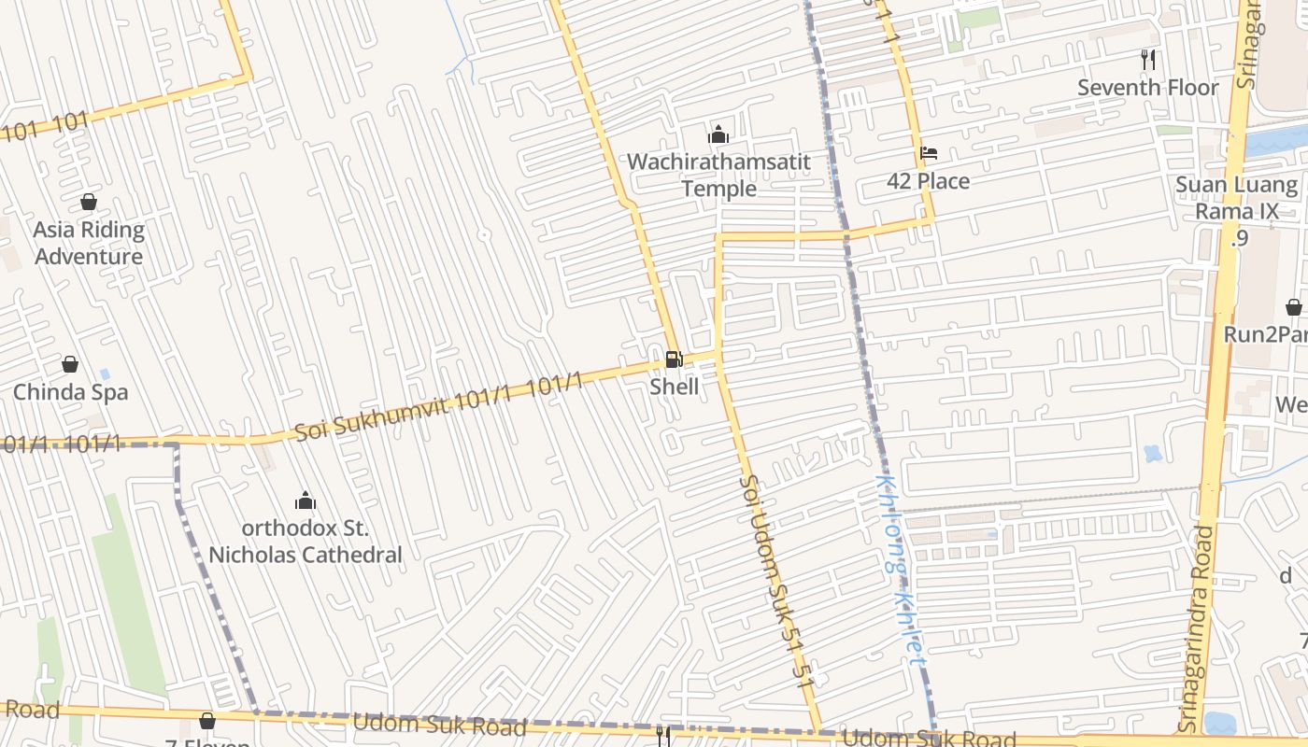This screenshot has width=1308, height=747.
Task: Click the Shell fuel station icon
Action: coord(673,359)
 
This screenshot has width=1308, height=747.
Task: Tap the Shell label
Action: coord(674,386)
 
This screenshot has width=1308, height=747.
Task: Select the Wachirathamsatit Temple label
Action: coord(718,175)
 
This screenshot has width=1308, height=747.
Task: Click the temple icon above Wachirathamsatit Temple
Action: coord(718,135)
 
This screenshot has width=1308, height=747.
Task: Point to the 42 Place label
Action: coord(928,181)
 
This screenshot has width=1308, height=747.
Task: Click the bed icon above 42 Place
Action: coord(928,153)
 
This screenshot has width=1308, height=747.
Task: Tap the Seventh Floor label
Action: coord(1147,88)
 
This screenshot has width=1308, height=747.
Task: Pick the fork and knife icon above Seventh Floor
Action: coord(1148,60)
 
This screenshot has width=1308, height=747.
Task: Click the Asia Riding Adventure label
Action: coord(89,243)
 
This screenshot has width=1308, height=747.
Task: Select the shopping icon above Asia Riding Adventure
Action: coord(89,202)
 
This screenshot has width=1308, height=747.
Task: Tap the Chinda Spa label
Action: coord(70,392)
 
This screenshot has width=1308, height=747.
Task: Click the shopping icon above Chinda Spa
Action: coord(70,364)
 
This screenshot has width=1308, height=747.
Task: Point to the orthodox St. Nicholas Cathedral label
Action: coord(305,542)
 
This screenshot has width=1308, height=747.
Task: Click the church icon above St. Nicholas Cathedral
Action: coord(305,501)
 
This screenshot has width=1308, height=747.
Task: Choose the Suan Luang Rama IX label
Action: coord(1237,198)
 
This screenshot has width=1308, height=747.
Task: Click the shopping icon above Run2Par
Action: coord(1293,307)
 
